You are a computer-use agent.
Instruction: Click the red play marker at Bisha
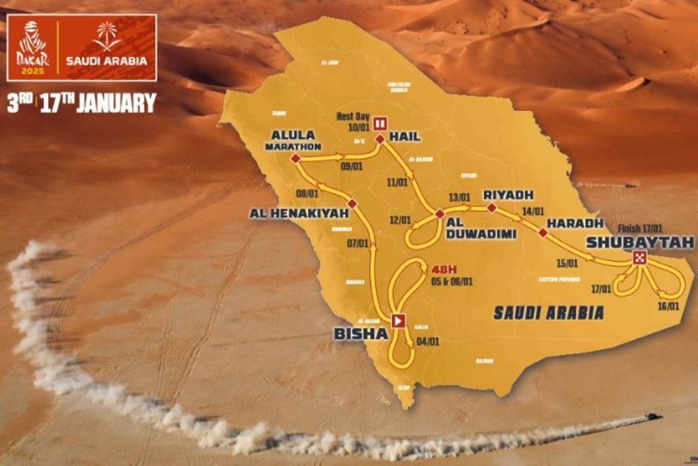(x=398, y=320)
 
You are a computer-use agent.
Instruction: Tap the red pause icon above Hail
(x=380, y=123)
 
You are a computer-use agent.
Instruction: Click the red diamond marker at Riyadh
(x=492, y=207)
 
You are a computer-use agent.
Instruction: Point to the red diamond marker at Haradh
(x=543, y=232)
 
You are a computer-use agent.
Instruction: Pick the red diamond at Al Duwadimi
(x=440, y=214)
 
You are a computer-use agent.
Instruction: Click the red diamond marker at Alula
(x=295, y=158)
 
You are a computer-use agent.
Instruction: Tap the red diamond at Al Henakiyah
(x=352, y=202)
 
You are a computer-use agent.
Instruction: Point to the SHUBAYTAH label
(x=640, y=242)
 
